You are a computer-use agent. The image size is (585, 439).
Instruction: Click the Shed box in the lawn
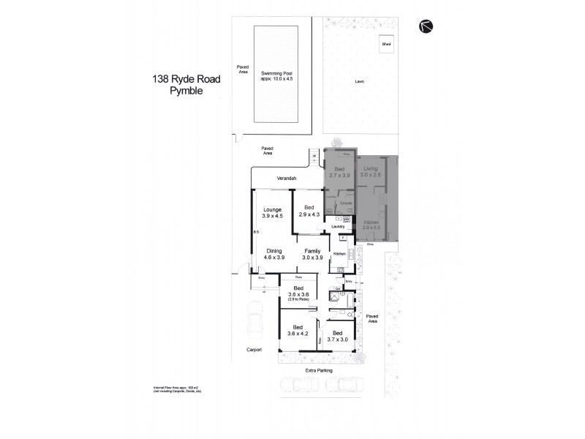click(385, 45)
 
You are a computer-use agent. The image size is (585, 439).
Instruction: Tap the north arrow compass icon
click(426, 26)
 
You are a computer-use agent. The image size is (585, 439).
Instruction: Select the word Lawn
click(360, 81)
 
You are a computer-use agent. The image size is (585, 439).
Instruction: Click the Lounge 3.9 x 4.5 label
click(271, 213)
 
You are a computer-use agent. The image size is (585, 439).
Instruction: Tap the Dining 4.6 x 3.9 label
click(274, 254)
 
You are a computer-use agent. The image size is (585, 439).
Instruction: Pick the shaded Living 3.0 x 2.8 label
click(371, 173)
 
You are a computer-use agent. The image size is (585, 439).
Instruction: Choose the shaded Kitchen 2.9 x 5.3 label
click(371, 225)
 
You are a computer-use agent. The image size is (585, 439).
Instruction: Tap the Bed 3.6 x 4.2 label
click(298, 331)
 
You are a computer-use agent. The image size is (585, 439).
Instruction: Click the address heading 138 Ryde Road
click(185, 78)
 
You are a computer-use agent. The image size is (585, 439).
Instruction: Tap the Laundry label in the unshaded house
click(337, 226)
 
